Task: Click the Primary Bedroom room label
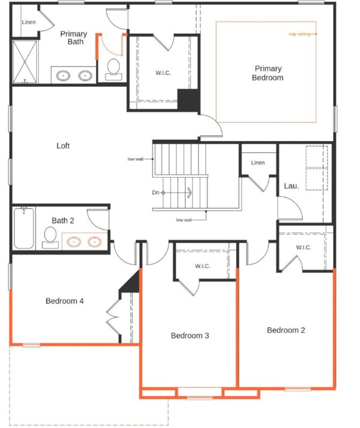pos(268,73)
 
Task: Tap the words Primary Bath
pos(73,38)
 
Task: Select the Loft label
pos(63,146)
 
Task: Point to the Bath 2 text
pos(63,220)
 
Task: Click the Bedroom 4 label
pos(64,301)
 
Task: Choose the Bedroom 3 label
pos(189,335)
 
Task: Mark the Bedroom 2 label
pos(286,330)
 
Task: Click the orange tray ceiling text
pos(299,34)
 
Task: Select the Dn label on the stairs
pos(155,192)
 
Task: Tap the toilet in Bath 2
pos(50,237)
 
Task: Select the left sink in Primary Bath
pos(64,75)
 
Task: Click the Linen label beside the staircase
pos(258,163)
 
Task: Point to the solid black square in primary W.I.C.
pos(188,100)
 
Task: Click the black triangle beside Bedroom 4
pos(131,283)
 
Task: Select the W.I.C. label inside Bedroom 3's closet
pos(202,266)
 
